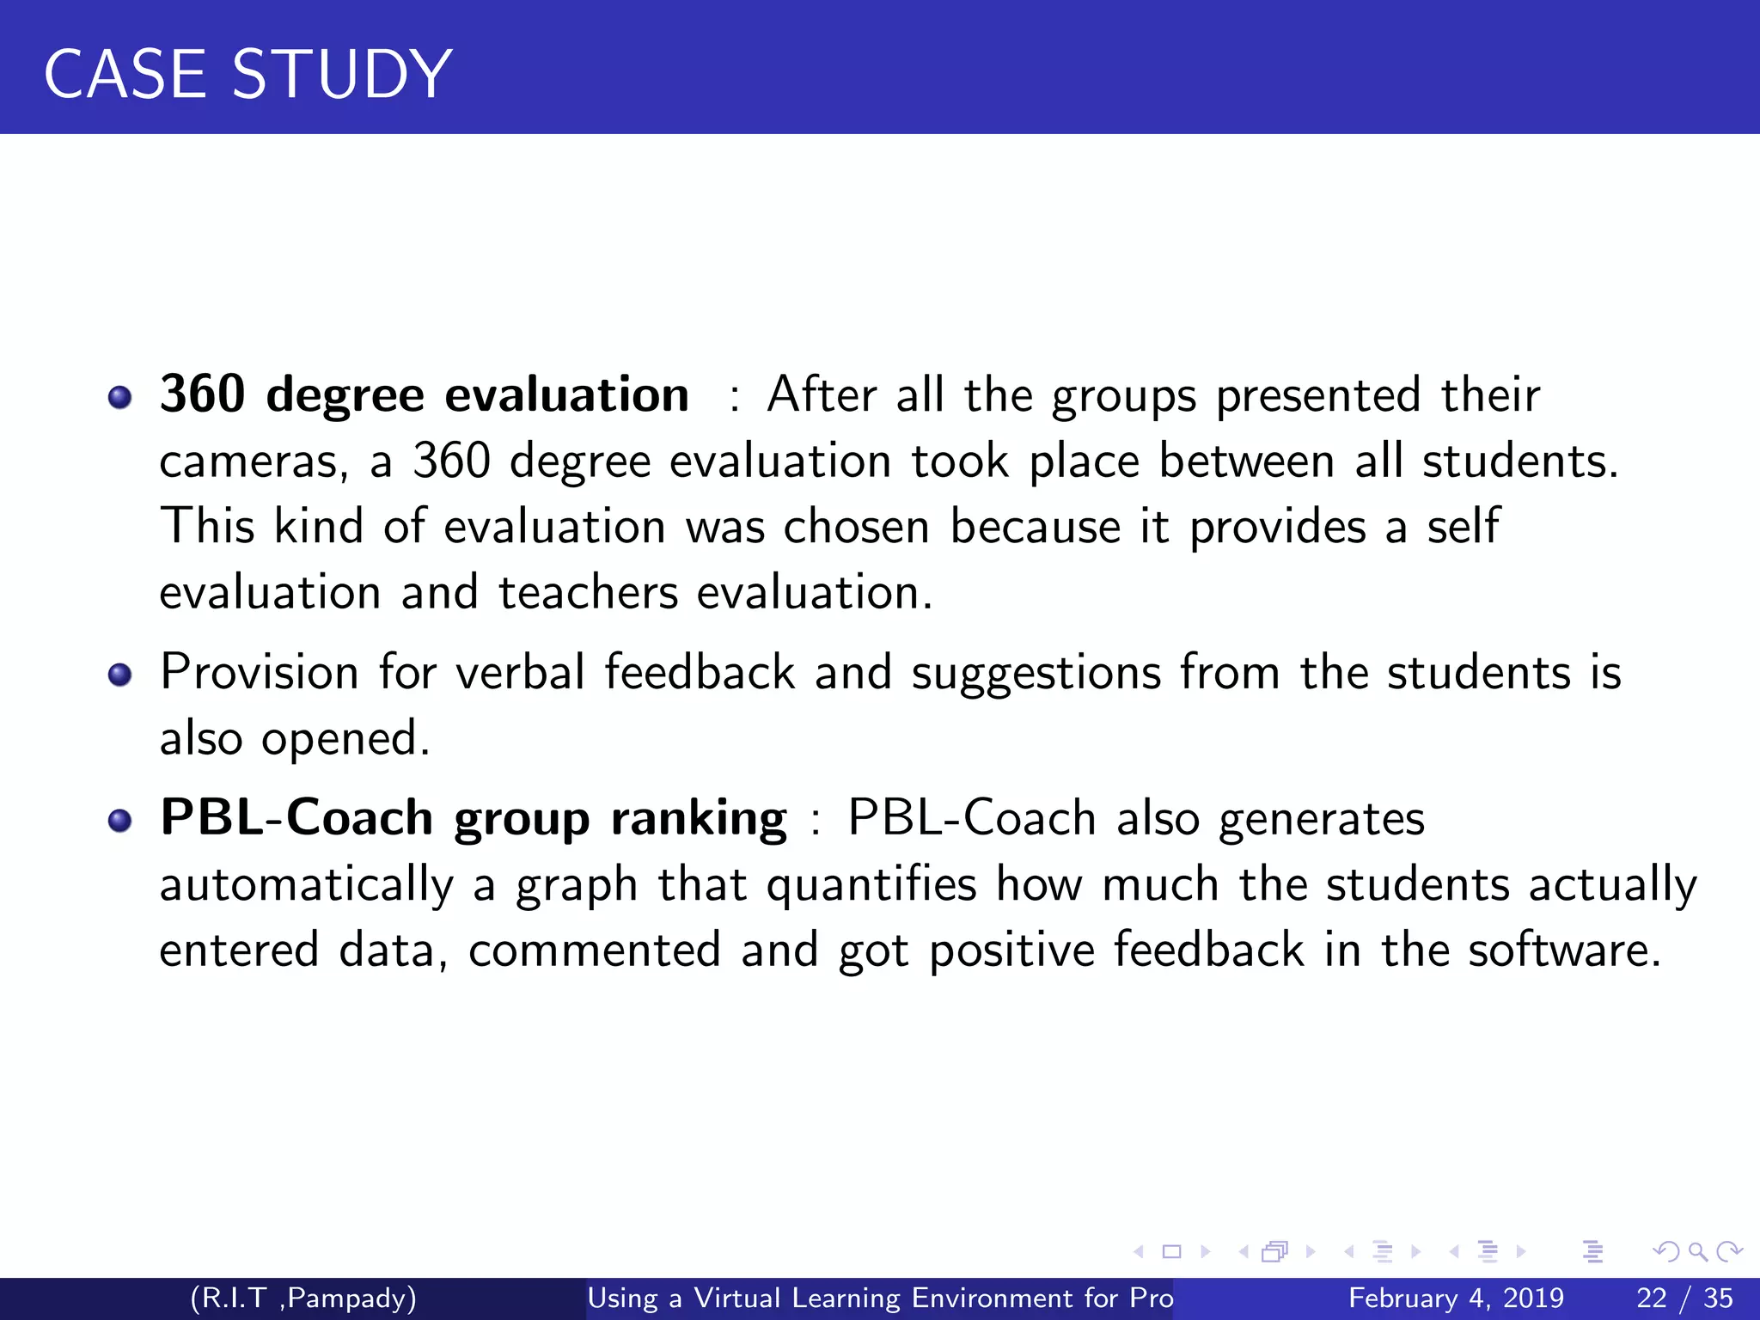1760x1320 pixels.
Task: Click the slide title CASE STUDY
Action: [x=247, y=74]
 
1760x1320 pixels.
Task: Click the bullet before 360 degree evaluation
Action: [x=120, y=397]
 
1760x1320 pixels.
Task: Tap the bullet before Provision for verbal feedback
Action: [x=120, y=675]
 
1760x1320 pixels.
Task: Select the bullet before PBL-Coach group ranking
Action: [x=120, y=821]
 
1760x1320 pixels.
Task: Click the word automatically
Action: [x=306, y=885]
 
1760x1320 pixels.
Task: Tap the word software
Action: [x=1563, y=950]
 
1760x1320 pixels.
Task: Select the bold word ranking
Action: [x=698, y=818]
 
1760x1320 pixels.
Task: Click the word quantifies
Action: [x=871, y=885]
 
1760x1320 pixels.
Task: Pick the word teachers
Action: [x=588, y=593]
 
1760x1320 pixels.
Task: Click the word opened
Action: [x=345, y=739]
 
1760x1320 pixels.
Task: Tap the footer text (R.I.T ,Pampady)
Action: [x=303, y=1298]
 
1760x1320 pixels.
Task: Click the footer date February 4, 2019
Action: [x=1456, y=1298]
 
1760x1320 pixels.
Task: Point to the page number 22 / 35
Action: [x=1684, y=1298]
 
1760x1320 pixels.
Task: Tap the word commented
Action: [x=594, y=950]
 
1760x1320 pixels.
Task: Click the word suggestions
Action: [x=1036, y=674]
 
